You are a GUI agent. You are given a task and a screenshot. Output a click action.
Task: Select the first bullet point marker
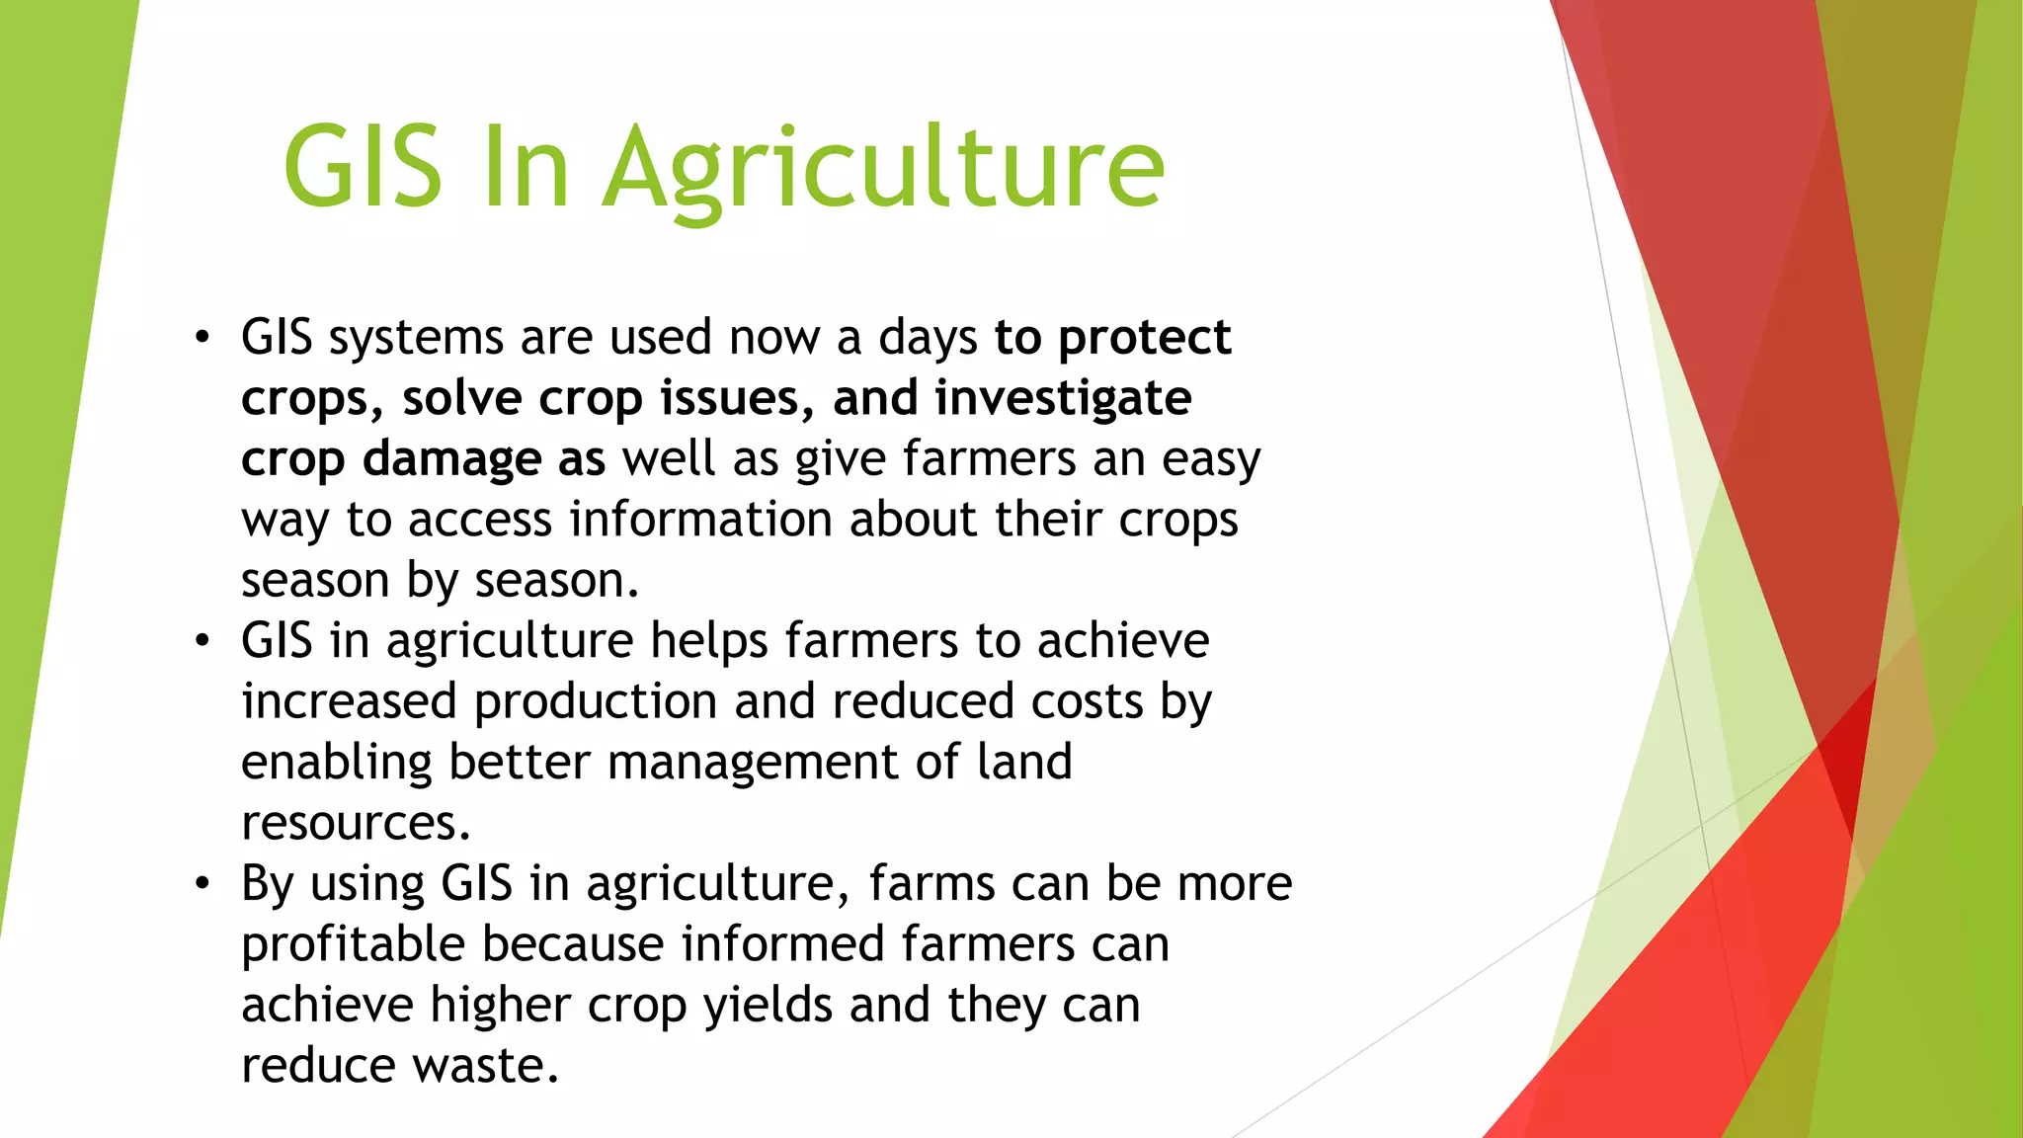202,338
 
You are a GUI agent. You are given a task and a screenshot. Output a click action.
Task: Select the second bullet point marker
202,641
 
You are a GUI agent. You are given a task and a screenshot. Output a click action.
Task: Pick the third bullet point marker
202,883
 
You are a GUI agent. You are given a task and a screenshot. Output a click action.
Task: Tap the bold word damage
451,459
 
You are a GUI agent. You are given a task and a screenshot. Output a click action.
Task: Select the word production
595,702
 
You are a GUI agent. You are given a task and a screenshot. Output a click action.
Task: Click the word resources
356,823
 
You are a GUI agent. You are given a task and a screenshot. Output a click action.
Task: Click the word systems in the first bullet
416,339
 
